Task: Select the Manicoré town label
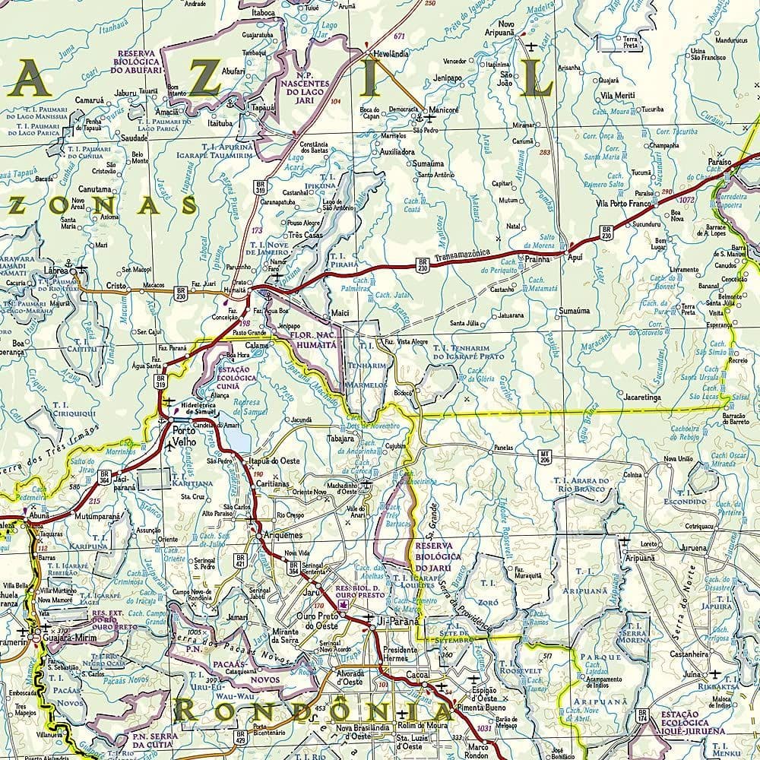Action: (x=443, y=110)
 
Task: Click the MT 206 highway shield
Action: (x=544, y=457)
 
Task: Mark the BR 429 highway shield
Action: (x=241, y=736)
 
